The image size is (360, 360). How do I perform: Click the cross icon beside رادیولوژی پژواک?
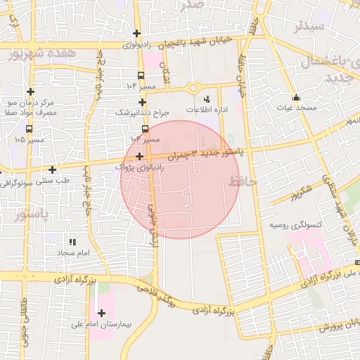pyautogui.click(x=140, y=157)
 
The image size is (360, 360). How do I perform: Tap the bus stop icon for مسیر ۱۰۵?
pyautogui.click(x=29, y=129)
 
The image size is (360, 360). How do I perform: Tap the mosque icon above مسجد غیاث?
pyautogui.click(x=296, y=98)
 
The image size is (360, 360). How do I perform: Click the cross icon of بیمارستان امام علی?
pyautogui.click(x=103, y=312)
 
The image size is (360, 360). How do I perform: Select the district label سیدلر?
pyautogui.click(x=309, y=27)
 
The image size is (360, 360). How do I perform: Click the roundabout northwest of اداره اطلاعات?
pyautogui.click(x=193, y=88)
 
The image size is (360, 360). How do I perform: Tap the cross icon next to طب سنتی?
pyautogui.click(x=53, y=169)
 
